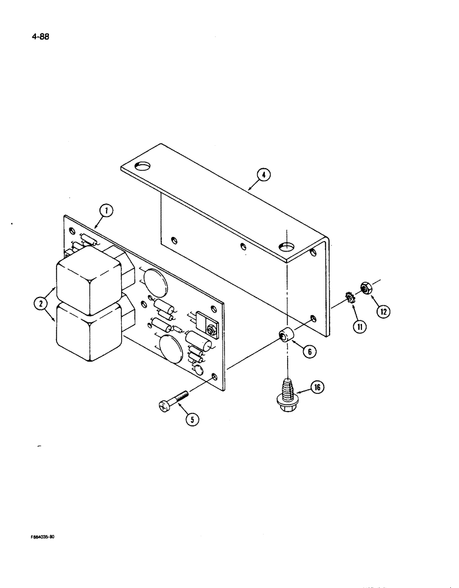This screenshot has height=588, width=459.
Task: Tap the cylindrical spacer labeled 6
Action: tap(287, 337)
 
